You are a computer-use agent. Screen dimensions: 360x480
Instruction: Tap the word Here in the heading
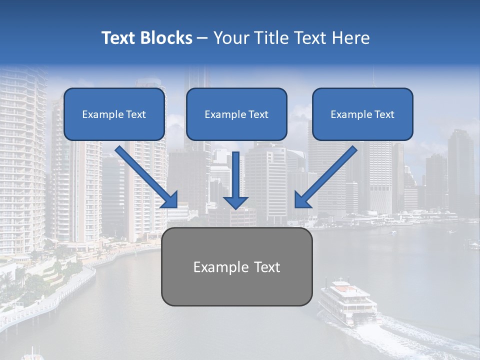349,38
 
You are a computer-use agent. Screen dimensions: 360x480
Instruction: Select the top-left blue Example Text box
114,114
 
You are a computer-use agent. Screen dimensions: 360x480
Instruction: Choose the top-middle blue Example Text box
236,114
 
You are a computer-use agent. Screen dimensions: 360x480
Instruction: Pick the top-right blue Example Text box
362,114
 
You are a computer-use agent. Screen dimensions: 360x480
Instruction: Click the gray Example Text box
236,266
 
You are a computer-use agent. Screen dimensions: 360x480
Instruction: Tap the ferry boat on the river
347,302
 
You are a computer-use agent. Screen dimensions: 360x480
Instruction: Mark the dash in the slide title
202,38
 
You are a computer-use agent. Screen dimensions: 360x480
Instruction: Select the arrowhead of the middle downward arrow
235,202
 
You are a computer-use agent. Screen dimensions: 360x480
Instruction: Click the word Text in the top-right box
384,114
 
